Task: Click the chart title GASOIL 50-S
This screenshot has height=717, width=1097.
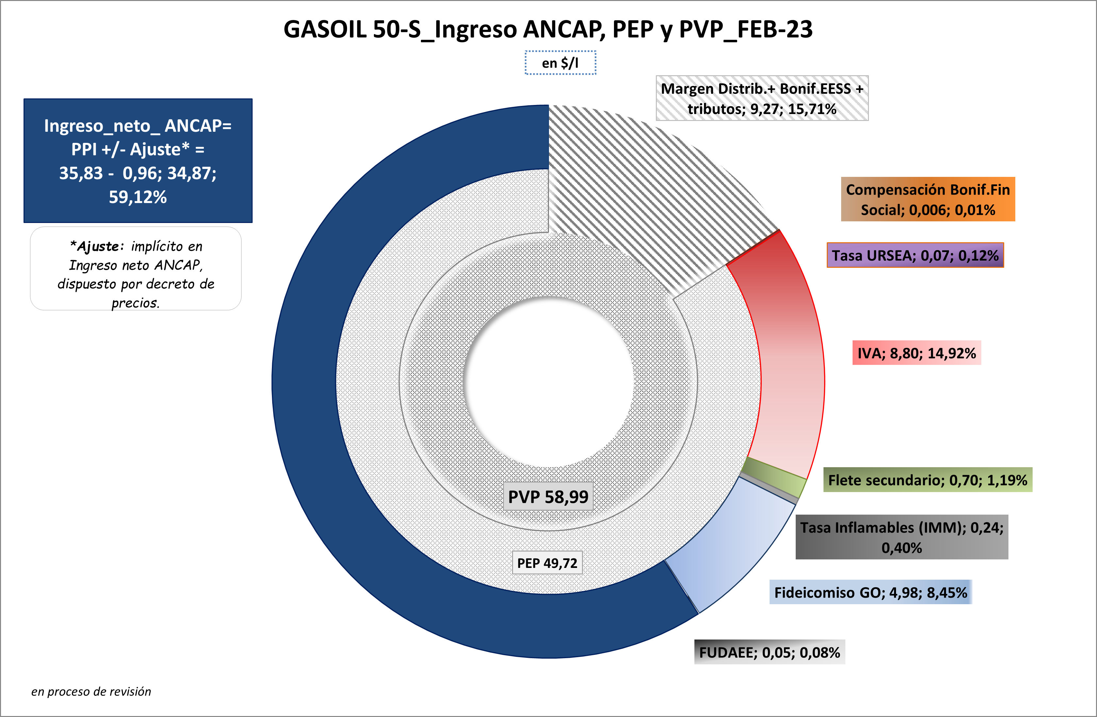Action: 548,29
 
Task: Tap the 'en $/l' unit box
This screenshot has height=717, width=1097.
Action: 560,63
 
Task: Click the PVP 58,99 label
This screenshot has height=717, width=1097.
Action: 548,497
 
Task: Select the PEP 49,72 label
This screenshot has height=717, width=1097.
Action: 547,563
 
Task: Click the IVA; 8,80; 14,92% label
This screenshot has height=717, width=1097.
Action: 916,353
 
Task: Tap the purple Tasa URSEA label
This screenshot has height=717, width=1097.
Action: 915,255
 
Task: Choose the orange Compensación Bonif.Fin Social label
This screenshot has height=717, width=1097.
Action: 928,199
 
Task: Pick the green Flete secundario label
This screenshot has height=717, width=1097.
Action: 927,480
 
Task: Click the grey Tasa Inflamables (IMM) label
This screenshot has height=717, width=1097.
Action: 902,537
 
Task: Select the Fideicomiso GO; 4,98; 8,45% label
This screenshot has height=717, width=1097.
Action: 870,592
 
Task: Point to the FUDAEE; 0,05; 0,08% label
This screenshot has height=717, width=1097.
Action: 769,653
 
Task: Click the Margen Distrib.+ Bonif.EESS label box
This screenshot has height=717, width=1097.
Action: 762,98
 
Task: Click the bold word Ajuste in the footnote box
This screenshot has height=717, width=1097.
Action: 98,247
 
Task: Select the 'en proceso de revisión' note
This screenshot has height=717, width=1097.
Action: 91,691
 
